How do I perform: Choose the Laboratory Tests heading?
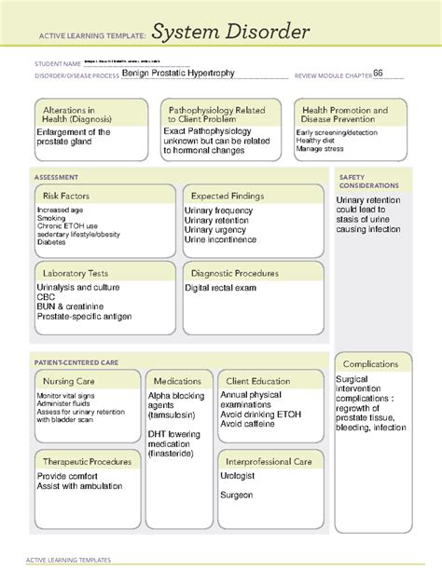(76, 273)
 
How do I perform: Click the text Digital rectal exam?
(221, 289)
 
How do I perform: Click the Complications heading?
(371, 363)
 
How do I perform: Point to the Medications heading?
(177, 381)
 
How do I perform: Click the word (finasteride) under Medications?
(177, 454)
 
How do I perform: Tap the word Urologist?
(238, 475)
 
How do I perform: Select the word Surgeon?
(237, 495)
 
